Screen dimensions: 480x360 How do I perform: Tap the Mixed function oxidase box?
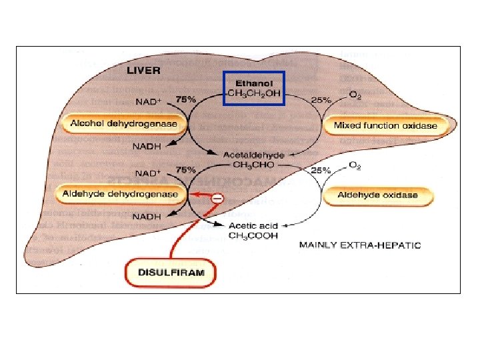(385, 125)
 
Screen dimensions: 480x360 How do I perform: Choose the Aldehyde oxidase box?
(377, 195)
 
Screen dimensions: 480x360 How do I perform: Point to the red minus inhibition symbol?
(217, 197)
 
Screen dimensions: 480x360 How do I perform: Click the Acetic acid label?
(253, 226)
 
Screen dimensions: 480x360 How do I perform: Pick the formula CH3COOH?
(254, 235)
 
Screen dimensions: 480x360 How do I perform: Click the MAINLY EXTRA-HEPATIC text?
(360, 245)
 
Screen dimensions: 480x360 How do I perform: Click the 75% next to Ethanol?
(185, 99)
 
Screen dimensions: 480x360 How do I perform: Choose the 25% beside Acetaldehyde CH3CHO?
(321, 171)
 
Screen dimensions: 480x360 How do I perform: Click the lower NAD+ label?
(149, 172)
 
